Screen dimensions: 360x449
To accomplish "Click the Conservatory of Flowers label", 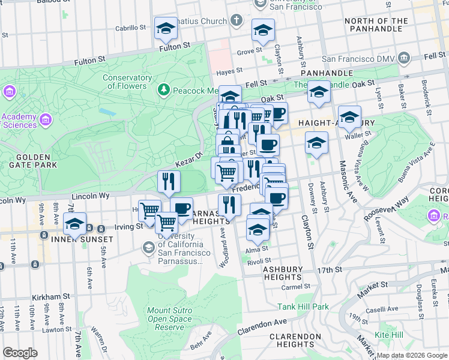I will point(127,82).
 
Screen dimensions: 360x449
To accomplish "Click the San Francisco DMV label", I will point(358,59).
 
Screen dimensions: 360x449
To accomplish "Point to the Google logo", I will point(20,353).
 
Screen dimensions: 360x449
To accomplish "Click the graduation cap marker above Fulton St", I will point(166,28).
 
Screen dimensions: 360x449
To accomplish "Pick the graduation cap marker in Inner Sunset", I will point(74,224).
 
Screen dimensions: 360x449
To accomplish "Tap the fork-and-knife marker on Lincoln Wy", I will point(169,182).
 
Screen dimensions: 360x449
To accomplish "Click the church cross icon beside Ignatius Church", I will point(237,20).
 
